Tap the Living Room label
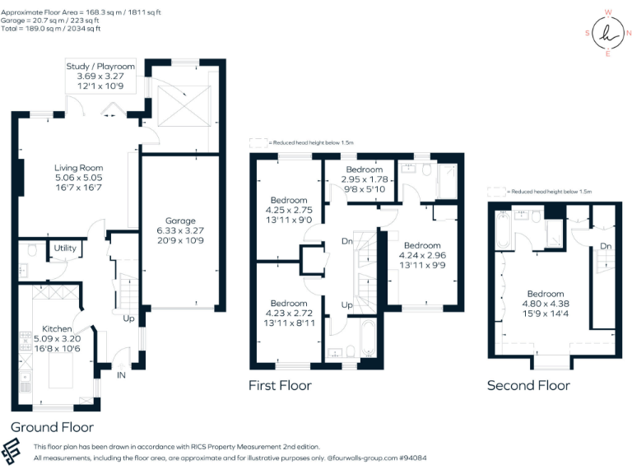coord(79,168)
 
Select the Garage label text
coord(180,221)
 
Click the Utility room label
coord(65,248)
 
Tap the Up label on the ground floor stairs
coord(128,318)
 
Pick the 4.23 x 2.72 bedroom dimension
coord(289,313)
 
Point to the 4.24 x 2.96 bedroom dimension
coord(421,254)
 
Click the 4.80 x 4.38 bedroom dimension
coord(545,303)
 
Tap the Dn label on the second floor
coord(606,245)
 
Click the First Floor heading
coord(280,385)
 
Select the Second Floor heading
coord(527,385)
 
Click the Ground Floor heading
coord(52,427)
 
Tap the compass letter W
coord(607,12)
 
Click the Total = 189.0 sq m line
coord(51,29)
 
